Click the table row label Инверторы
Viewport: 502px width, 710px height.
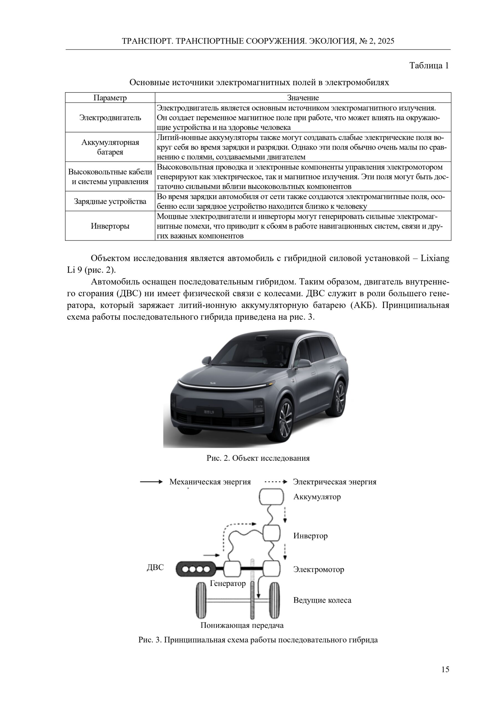tap(110, 226)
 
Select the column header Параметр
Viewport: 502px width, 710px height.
tap(110, 98)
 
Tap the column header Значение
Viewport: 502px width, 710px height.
tap(303, 98)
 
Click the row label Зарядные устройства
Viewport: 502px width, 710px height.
tap(110, 201)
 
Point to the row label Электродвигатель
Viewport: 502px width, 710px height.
tap(110, 118)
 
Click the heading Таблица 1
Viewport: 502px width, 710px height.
tap(429, 65)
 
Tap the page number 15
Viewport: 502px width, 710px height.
tap(445, 678)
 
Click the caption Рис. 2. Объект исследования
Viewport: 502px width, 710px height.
tap(258, 458)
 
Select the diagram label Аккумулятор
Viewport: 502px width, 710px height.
tap(317, 497)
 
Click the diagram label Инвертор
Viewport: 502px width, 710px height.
tap(310, 536)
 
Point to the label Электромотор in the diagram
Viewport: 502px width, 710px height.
tap(318, 569)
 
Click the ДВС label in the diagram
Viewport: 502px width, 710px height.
tap(155, 567)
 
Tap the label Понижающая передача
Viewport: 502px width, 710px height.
tap(242, 625)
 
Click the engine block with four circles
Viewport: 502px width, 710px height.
tap(196, 569)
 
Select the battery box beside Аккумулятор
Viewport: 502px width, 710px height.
tap(271, 497)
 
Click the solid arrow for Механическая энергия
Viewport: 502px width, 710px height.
tap(151, 482)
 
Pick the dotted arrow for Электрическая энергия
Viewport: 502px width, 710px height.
tap(276, 482)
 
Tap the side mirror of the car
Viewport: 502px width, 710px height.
tap(303, 363)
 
